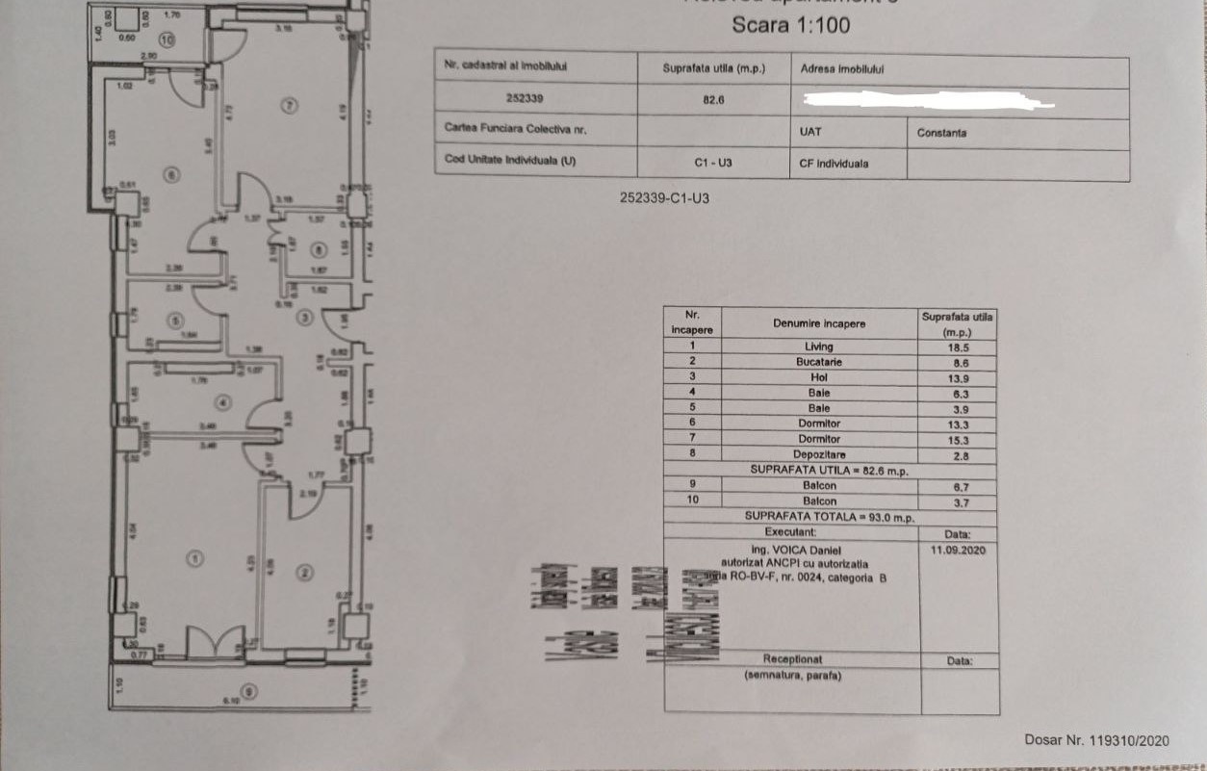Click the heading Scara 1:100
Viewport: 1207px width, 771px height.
[x=790, y=25]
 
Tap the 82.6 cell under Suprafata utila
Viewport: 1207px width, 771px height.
[x=713, y=99]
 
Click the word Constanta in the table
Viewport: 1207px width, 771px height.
[x=941, y=133]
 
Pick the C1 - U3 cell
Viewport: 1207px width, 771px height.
[x=713, y=163]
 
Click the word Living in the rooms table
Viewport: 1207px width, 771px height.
[x=818, y=347]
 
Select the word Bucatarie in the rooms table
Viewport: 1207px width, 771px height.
[x=818, y=362]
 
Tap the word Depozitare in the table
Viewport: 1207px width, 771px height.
[x=819, y=453]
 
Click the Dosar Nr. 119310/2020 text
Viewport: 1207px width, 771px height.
[x=1096, y=740]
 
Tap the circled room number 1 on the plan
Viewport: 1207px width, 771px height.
[x=194, y=557]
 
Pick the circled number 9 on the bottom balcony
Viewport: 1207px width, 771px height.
[x=250, y=690]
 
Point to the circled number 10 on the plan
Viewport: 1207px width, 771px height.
[x=167, y=40]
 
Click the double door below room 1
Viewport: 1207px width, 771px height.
[x=215, y=643]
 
